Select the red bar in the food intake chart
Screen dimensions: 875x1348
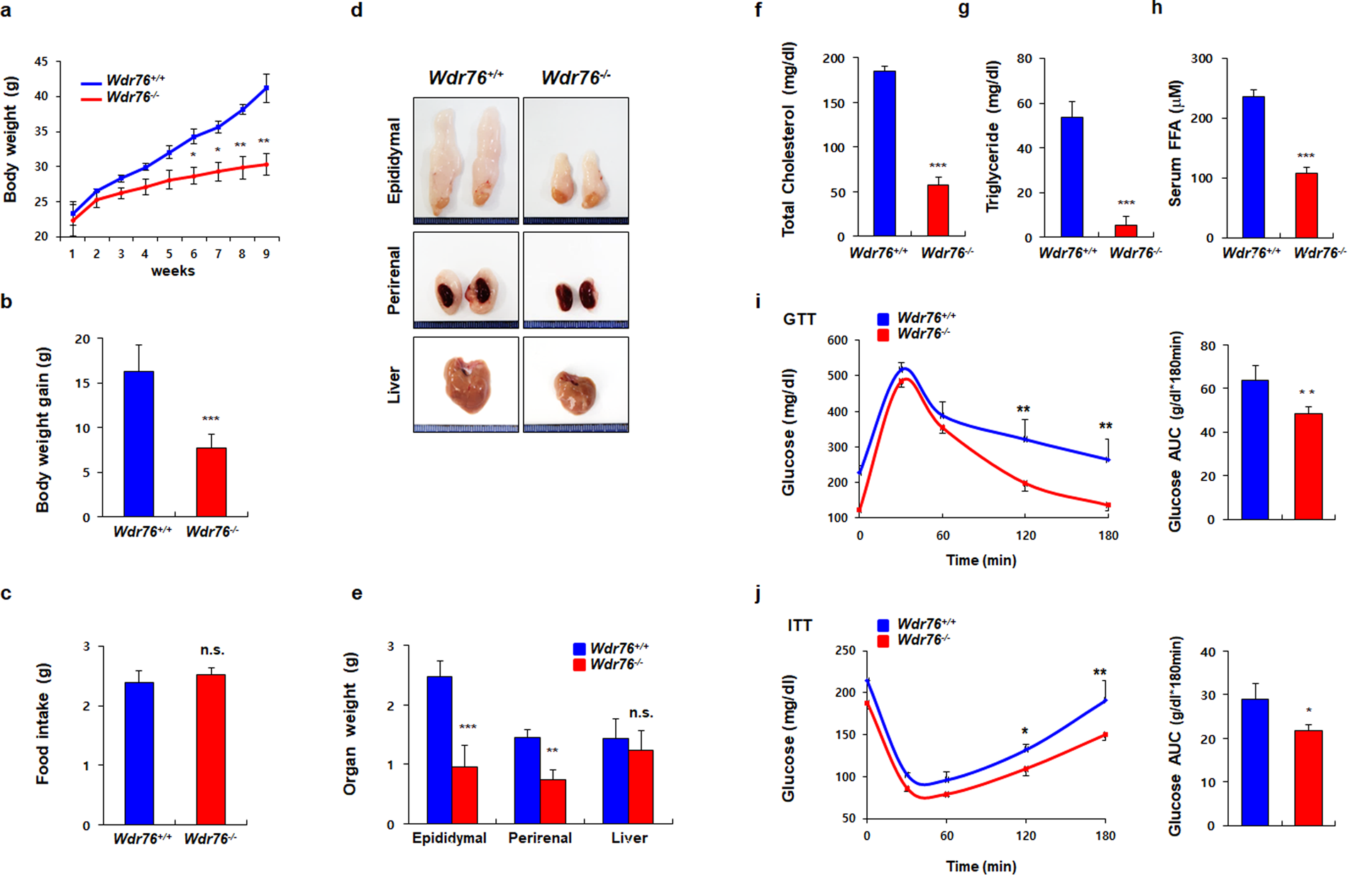(x=211, y=749)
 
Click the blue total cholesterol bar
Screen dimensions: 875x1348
(x=884, y=153)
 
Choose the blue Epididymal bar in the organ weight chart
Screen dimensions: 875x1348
(x=439, y=749)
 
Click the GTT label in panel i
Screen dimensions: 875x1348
(x=799, y=319)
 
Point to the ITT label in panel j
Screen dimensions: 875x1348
(x=799, y=625)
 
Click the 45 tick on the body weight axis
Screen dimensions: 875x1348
(x=41, y=62)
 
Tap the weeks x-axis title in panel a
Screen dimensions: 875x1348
(x=172, y=270)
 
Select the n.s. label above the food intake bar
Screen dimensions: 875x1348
(x=212, y=650)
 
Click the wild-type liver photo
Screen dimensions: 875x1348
(x=465, y=384)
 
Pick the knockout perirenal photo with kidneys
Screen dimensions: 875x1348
(x=575, y=280)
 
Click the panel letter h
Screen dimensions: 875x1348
(x=1156, y=9)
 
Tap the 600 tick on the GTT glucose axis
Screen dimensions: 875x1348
(x=837, y=341)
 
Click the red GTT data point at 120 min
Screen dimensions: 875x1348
(x=1025, y=485)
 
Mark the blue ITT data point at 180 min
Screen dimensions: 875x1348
(x=1105, y=700)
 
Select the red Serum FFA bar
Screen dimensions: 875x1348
(x=1306, y=205)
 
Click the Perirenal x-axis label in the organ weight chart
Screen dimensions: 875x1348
(x=539, y=838)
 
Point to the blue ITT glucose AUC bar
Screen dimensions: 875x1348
(x=1255, y=762)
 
